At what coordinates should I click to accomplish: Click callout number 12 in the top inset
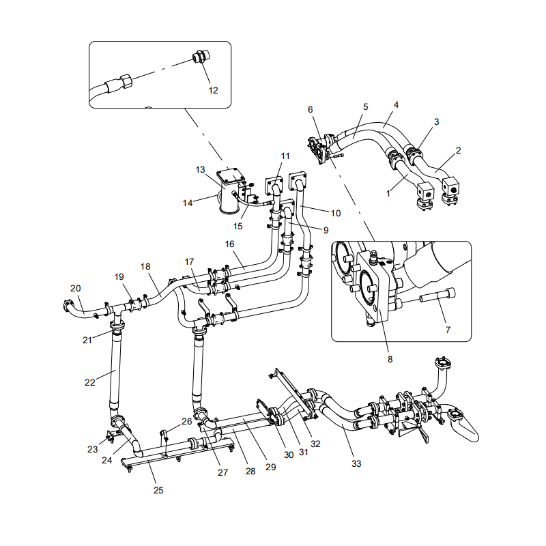(x=213, y=89)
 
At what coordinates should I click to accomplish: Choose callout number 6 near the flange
(x=310, y=109)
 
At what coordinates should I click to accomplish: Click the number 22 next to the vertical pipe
(x=90, y=382)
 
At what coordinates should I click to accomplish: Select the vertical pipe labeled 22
(x=114, y=372)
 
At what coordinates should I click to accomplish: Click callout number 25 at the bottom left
(x=158, y=489)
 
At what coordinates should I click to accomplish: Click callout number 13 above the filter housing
(x=200, y=169)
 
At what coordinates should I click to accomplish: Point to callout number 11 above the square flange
(x=285, y=156)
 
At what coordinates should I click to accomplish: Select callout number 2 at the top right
(x=458, y=149)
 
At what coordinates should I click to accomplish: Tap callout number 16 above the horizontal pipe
(x=229, y=243)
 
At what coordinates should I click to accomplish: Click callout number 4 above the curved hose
(x=396, y=105)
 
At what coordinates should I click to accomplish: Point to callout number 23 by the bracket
(x=93, y=449)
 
